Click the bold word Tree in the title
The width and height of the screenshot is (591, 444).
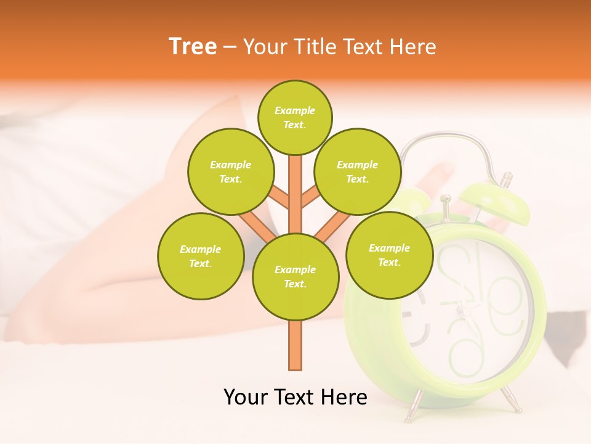[193, 46]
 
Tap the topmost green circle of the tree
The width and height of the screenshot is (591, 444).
[295, 117]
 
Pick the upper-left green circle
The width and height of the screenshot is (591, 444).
[230, 171]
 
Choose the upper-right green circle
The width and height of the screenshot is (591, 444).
[357, 171]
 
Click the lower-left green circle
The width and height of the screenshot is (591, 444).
[200, 256]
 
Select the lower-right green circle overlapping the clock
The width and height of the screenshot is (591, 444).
[389, 255]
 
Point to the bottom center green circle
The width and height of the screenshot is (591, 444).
[295, 276]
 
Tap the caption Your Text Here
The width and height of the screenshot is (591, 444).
[295, 397]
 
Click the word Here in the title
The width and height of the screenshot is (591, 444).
[414, 47]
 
